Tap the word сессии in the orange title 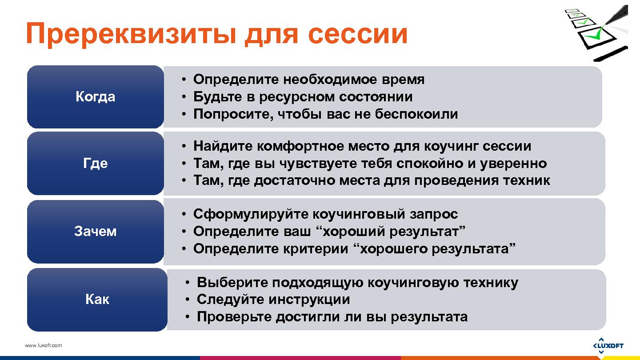coord(358,34)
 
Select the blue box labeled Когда coord(96,97)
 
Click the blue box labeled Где coord(96,164)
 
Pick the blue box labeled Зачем coord(96,232)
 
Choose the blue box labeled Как coord(97,300)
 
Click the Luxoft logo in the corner coord(608,345)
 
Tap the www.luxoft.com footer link coord(44,345)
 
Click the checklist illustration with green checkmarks coord(596,33)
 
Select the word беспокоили coord(416,114)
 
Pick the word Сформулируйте coord(250,214)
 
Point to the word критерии coord(316,248)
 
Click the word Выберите coord(232,282)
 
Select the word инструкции coord(309,300)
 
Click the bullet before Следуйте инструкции coord(188,300)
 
